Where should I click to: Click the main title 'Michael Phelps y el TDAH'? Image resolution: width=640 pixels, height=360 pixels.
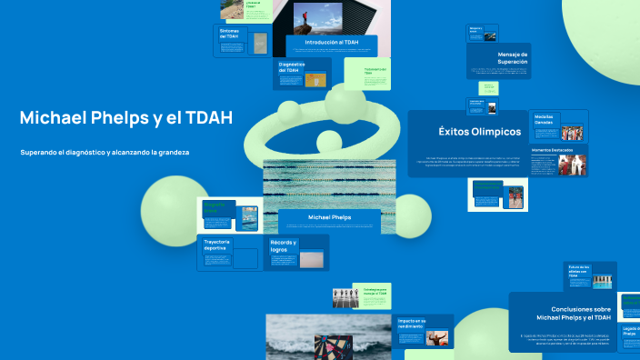pyautogui.click(x=126, y=118)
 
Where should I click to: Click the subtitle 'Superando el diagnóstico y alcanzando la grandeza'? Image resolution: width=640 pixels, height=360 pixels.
pyautogui.click(x=105, y=152)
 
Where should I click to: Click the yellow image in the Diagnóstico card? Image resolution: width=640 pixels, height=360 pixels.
pyautogui.click(x=315, y=79)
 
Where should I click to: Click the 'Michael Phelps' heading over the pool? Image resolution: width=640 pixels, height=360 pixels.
pyautogui.click(x=329, y=218)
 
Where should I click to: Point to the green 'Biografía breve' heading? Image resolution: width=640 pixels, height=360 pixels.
pyautogui.click(x=218, y=208)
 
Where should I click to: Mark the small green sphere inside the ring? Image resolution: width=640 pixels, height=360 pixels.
pyautogui.click(x=328, y=141)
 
